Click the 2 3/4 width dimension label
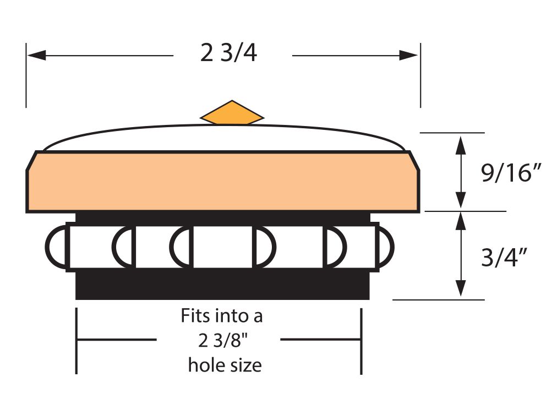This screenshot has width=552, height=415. coord(228,53)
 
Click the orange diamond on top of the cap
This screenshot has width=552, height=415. coord(232,113)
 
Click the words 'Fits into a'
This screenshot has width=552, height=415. coord(222,316)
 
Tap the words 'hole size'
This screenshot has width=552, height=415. coord(225,365)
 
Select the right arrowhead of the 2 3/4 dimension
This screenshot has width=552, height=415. coord(408,55)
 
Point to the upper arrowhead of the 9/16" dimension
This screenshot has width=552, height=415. coord(461,145)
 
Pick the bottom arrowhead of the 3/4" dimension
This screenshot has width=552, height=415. coord(461,288)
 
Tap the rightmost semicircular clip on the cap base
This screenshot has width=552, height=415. coord(385,247)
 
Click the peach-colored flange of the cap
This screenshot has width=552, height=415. coord(223,182)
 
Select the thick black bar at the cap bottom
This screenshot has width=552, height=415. coord(222,285)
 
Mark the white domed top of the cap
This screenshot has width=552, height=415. coord(223,138)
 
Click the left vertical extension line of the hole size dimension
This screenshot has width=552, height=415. coord(76,341)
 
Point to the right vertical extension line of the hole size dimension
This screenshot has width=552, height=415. coord(361,341)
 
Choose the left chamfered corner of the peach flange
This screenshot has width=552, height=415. coord(31,161)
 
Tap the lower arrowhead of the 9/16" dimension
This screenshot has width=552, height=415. coord(461,200)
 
